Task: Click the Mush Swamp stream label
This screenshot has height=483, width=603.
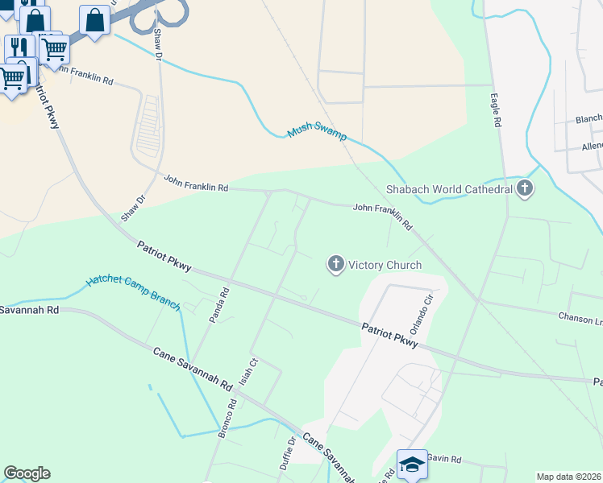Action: click(318, 134)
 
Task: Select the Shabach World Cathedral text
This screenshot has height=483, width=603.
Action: click(449, 190)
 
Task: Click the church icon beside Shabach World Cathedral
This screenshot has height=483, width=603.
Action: click(525, 189)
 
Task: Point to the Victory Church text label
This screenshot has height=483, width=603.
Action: click(385, 264)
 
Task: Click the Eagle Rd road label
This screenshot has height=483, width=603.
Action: click(497, 111)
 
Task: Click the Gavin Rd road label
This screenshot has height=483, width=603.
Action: click(443, 459)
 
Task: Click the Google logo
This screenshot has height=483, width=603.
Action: click(27, 473)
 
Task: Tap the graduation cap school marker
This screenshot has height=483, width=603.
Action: click(412, 464)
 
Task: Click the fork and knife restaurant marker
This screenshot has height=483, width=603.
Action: click(19, 47)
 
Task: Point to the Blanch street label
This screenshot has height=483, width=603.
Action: click(588, 119)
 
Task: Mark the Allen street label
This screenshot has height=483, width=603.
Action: click(592, 147)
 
